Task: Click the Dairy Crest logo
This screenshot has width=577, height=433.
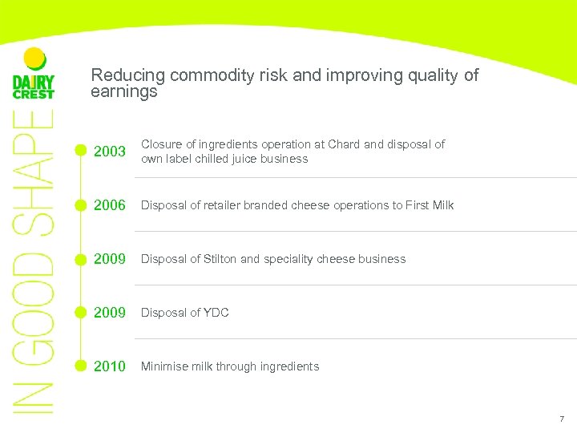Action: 34,75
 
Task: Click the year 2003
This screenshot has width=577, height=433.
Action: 110,152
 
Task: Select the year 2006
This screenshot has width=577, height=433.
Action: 110,205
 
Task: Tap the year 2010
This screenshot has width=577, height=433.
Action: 110,366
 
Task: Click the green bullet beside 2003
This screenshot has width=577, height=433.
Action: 80,150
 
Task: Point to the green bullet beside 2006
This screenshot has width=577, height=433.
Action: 80,204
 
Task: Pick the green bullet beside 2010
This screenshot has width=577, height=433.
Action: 80,366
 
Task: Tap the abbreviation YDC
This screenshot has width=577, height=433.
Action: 215,313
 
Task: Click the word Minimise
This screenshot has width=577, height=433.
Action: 164,366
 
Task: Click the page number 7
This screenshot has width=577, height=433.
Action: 562,419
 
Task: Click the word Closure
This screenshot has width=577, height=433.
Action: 160,144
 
